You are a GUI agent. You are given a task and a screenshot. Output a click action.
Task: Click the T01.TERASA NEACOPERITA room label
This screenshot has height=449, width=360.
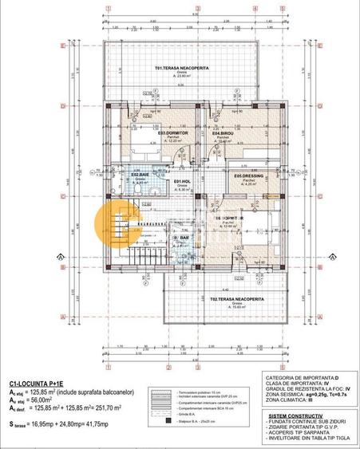(x=182, y=69)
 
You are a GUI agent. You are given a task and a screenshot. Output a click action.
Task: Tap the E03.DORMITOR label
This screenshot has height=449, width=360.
(x=149, y=133)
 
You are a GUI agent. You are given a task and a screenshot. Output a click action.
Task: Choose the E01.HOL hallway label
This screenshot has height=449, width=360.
(x=182, y=181)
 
